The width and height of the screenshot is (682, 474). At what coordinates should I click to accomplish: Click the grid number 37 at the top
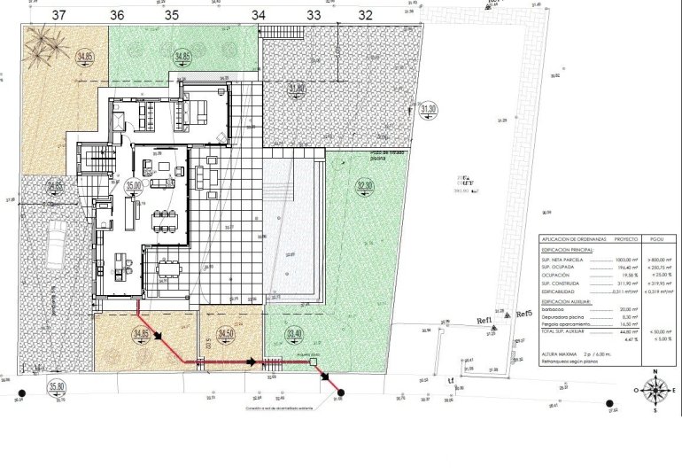click(x=59, y=14)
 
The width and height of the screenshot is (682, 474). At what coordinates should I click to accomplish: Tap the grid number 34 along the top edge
click(x=258, y=14)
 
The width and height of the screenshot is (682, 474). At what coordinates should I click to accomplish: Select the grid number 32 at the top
click(x=365, y=14)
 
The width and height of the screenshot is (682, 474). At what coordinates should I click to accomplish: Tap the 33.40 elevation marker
click(x=293, y=333)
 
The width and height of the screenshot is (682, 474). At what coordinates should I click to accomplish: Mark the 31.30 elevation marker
click(x=429, y=110)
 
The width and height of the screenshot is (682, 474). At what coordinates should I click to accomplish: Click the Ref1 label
click(x=484, y=321)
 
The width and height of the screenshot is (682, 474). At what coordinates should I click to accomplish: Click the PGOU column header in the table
click(x=655, y=239)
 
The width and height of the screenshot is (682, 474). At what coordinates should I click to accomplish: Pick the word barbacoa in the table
click(x=556, y=309)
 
